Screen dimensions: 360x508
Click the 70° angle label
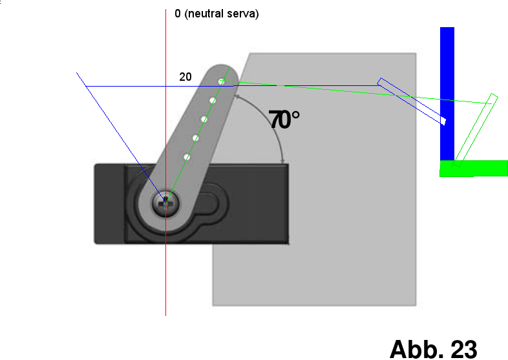click(x=284, y=120)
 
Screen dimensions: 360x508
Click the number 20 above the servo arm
click(x=185, y=77)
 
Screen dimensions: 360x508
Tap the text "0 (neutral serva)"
click(x=217, y=14)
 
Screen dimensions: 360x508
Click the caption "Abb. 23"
click(x=433, y=348)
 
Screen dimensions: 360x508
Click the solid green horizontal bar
click(x=473, y=168)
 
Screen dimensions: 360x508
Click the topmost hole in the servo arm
click(x=221, y=81)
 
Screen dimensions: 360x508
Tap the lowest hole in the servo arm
click(x=187, y=156)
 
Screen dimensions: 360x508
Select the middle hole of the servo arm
click(x=204, y=119)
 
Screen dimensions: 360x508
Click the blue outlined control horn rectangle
click(x=412, y=101)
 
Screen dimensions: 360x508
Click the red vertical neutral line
click(x=166, y=271)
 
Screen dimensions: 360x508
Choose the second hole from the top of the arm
click(x=212, y=100)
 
